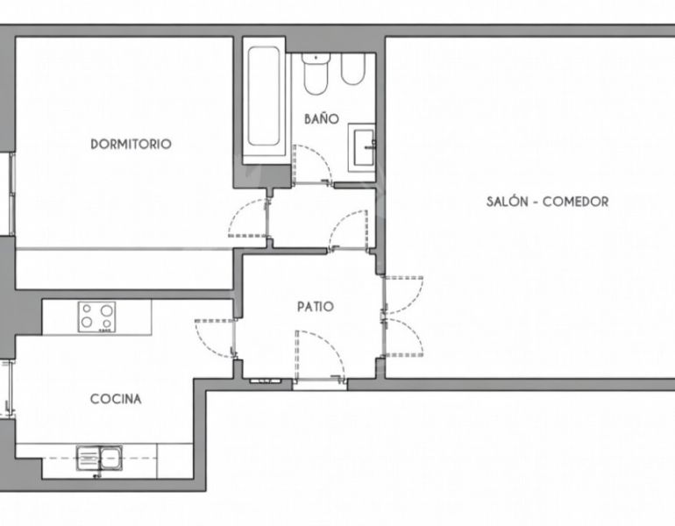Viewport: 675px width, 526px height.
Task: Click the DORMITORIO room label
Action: pyautogui.click(x=131, y=144)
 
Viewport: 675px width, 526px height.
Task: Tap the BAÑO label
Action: pyautogui.click(x=322, y=119)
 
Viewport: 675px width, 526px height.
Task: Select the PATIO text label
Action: pyautogui.click(x=316, y=307)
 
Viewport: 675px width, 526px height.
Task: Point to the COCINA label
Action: pyautogui.click(x=116, y=399)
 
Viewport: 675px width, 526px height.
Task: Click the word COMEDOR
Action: pyautogui.click(x=576, y=202)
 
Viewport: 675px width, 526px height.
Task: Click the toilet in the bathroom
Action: pyautogui.click(x=316, y=73)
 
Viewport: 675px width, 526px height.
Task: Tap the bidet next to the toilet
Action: pyautogui.click(x=353, y=69)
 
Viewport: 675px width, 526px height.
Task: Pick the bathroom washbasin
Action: pyautogui.click(x=362, y=147)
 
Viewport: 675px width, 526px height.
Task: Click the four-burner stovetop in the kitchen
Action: pyautogui.click(x=96, y=316)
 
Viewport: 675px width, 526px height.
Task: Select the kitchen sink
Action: pyautogui.click(x=99, y=458)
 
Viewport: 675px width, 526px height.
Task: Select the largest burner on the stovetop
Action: pyautogui.click(x=106, y=310)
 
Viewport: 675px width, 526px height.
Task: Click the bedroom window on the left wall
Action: pyautogui.click(x=11, y=194)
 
